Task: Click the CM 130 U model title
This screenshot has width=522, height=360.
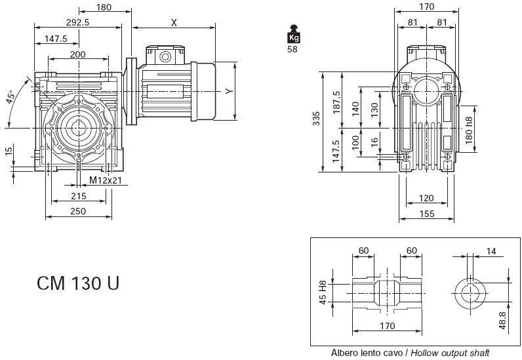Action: coord(78,283)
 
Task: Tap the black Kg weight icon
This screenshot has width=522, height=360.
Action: coord(294,34)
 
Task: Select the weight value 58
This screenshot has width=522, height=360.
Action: coord(292,49)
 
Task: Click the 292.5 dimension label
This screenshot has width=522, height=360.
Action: coord(77,22)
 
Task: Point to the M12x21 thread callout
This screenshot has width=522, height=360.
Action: coord(106,180)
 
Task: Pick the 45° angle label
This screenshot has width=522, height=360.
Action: coord(10,96)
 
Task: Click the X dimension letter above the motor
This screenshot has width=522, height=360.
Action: coord(174,23)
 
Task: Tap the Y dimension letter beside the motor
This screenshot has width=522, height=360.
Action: coord(229,91)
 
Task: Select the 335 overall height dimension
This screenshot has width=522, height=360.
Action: coord(316,119)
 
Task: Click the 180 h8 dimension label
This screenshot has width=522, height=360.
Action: coord(469,130)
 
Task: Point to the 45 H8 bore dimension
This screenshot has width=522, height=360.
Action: coord(323,292)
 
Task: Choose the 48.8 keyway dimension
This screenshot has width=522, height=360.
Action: coord(502,321)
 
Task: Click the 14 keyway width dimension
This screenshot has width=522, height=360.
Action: coord(491,251)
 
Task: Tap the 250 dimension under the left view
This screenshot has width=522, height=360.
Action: coord(78,211)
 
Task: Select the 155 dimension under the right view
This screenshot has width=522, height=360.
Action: coord(427,214)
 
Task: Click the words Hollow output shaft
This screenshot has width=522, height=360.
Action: coord(450,353)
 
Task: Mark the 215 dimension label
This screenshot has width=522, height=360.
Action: coord(79,196)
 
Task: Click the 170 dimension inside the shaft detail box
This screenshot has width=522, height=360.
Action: coord(388,326)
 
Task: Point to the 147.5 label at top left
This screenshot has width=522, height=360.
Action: coord(56,39)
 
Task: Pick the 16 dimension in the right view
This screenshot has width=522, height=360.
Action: coord(375,142)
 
